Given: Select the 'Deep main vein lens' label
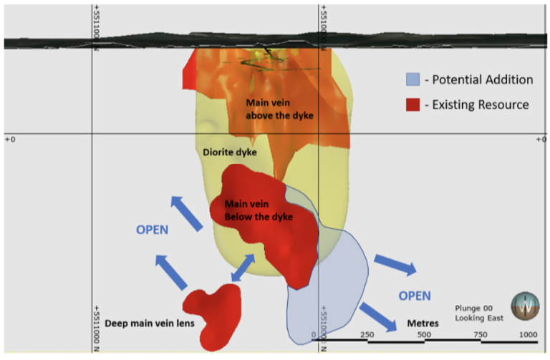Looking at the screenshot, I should click(x=150, y=323).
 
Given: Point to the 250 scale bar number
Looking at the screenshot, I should click(x=367, y=334).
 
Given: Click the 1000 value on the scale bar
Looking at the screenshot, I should click(x=529, y=334).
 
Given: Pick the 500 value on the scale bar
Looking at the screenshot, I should click(x=424, y=334).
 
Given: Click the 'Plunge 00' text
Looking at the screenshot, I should click(x=473, y=308).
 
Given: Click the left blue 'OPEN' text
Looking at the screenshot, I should click(x=152, y=230).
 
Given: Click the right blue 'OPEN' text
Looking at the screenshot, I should click(x=415, y=295).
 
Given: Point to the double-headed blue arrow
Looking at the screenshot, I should click(x=241, y=268).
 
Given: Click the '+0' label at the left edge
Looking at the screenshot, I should click(x=10, y=140).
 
